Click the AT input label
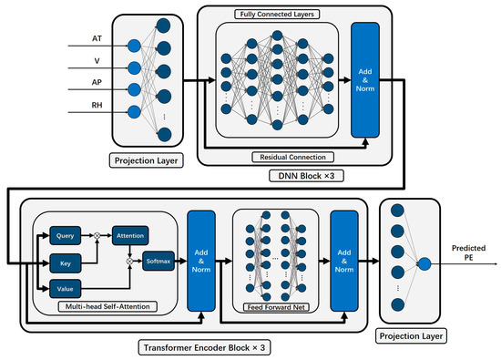click(97, 39)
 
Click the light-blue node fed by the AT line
click(135, 46)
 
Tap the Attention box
click(129, 233)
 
